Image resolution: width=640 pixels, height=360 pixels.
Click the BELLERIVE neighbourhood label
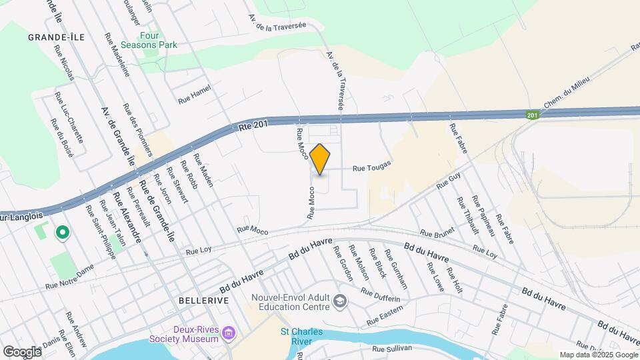coord(204,301)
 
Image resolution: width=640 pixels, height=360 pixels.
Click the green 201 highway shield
coord(531,115)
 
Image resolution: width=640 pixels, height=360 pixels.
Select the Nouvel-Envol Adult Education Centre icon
coord(341,301)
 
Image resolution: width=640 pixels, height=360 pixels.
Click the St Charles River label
coord(297,337)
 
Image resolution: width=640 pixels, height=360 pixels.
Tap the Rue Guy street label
coord(449,181)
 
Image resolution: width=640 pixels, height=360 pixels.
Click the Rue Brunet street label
coord(437,233)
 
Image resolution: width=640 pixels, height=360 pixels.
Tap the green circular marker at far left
coord(62,232)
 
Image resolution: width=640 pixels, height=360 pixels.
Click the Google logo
coord(21,351)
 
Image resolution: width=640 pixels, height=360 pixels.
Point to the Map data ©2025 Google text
coord(599,355)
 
